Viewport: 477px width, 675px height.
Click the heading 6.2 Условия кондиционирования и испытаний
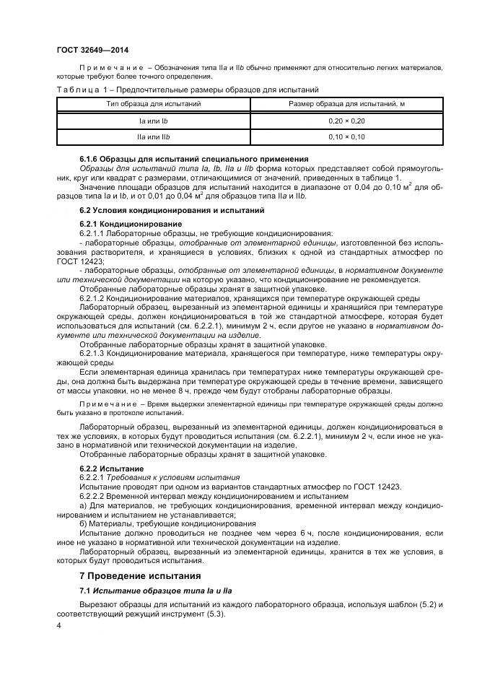pyautogui.click(x=172, y=210)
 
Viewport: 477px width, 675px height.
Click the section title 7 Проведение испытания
pyautogui.click(x=140, y=576)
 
